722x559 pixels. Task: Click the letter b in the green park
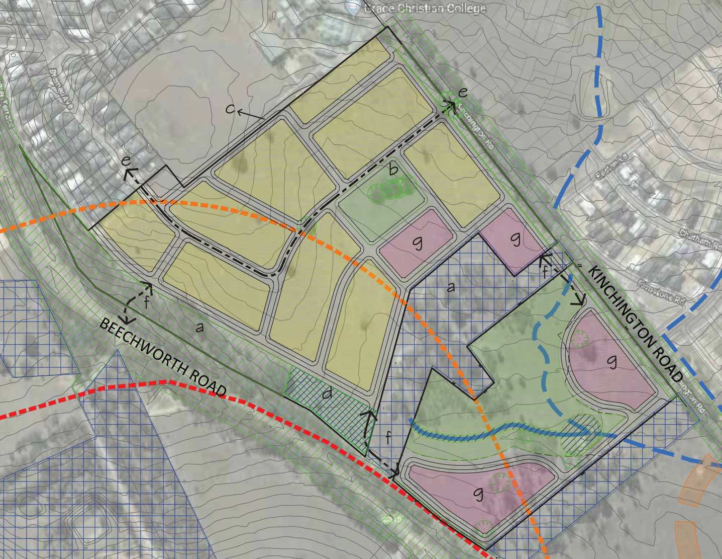pos(393,170)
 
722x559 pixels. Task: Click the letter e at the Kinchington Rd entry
pos(463,92)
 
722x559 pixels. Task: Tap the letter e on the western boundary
pos(127,162)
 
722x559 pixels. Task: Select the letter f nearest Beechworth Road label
pos(146,303)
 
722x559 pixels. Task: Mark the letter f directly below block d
pos(387,438)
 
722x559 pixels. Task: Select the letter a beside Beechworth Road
pos(199,328)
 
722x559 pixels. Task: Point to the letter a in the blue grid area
pos(451,287)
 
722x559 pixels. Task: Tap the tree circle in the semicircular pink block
pos(579,339)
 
